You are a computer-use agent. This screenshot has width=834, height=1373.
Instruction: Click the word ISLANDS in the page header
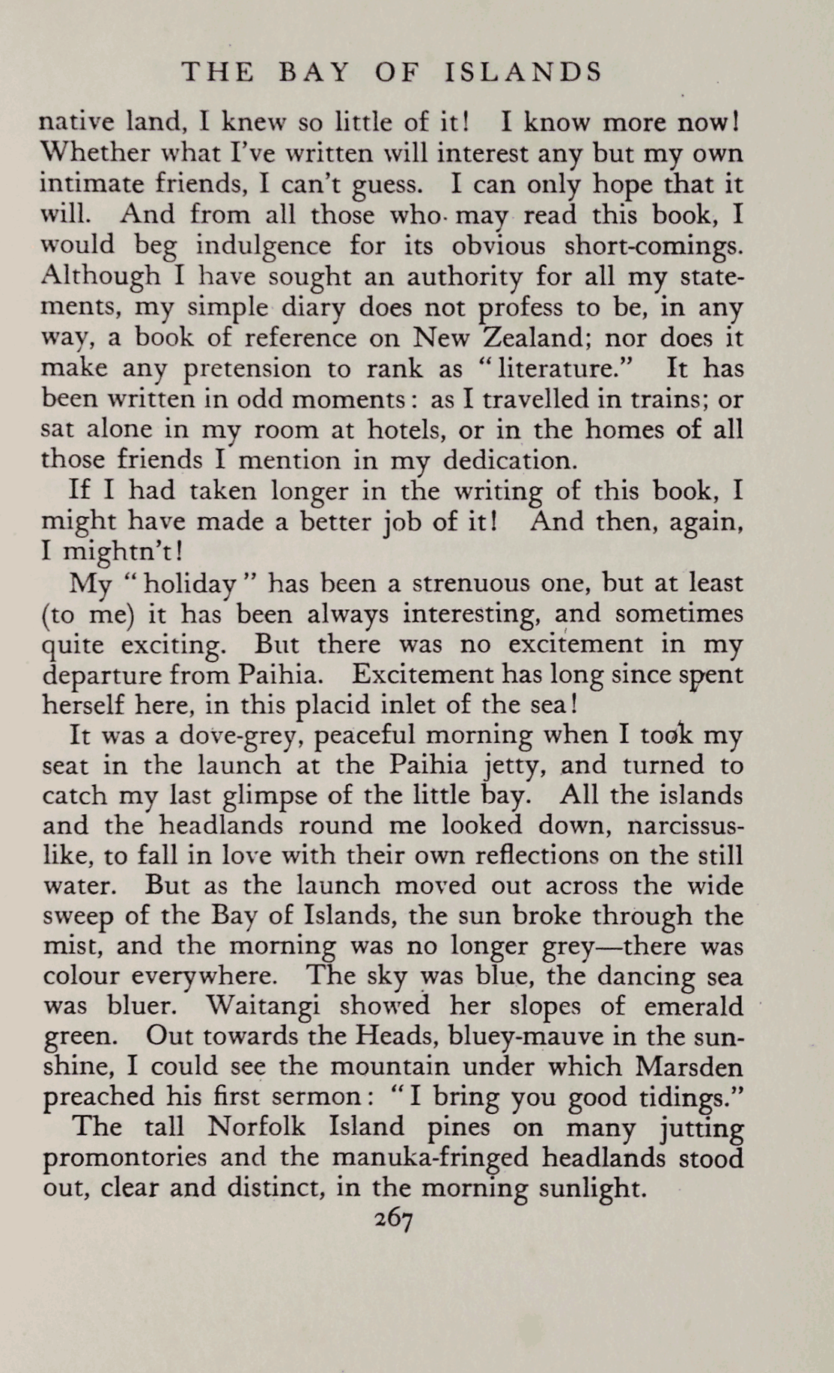pos(523,72)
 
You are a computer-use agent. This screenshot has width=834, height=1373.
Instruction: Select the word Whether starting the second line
pos(93,153)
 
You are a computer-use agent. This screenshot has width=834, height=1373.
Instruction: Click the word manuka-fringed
pos(430,1158)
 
